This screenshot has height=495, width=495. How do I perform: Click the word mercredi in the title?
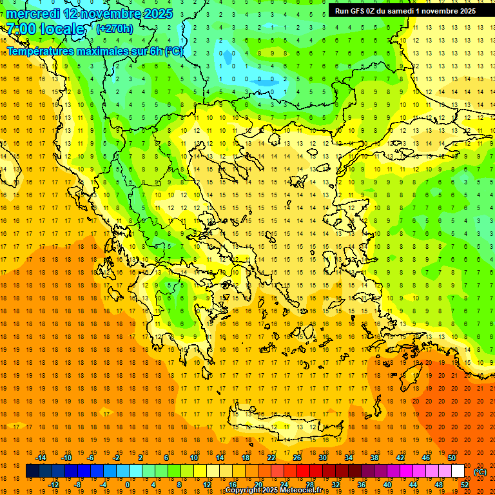[34, 14]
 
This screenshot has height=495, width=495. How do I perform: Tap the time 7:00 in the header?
[21, 29]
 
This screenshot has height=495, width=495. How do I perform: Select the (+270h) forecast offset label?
[115, 28]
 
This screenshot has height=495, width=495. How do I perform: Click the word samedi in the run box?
[400, 10]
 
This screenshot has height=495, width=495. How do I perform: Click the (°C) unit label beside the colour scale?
[480, 472]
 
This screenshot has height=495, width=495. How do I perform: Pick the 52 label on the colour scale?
[464, 485]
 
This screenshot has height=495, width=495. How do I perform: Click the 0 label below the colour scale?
[128, 485]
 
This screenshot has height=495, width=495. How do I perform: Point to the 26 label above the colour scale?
[297, 458]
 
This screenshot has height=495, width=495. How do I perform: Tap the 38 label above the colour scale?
[374, 458]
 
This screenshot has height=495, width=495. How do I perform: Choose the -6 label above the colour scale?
[91, 458]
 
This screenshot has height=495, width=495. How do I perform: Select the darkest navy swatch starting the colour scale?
[32, 471]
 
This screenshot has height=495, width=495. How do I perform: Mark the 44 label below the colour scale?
[412, 485]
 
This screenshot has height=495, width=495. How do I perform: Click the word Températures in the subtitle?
[39, 52]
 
